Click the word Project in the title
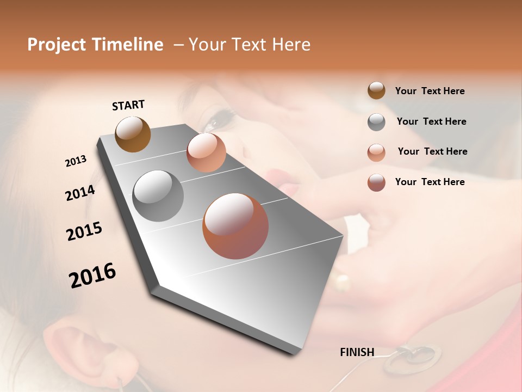point(57,45)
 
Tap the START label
point(128,105)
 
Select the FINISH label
point(357,352)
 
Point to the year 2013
point(76,161)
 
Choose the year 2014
point(80,193)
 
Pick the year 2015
point(84,231)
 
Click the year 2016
point(92,275)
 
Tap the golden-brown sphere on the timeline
point(133,134)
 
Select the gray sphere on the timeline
point(158,196)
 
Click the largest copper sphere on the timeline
point(235,226)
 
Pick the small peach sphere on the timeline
point(206,152)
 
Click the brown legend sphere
point(376,91)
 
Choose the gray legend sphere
point(376,122)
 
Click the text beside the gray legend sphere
point(431,121)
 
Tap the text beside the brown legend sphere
point(430,91)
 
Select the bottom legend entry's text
point(430,182)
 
